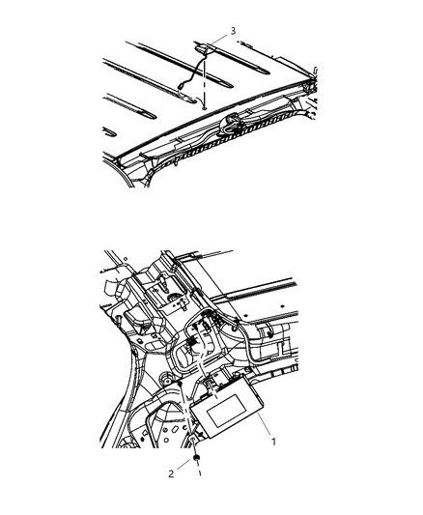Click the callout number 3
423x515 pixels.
232,32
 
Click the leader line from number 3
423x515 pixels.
221,39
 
